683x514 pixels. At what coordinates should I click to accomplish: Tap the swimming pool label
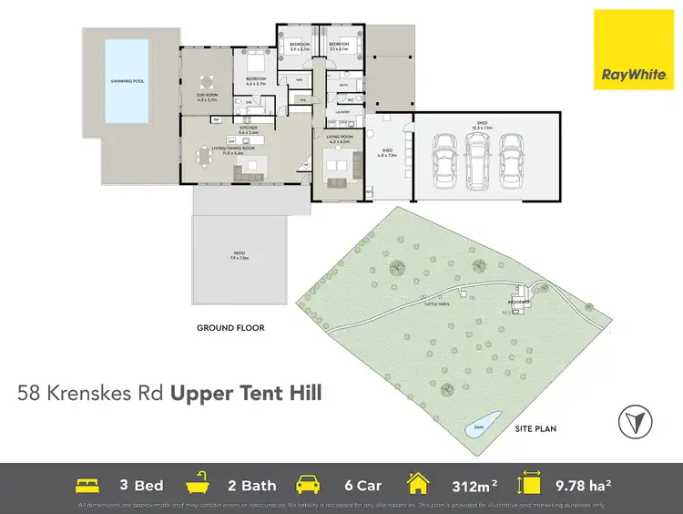127,81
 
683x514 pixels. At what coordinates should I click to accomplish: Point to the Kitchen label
249,129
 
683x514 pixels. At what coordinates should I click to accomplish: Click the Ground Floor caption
231,328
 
